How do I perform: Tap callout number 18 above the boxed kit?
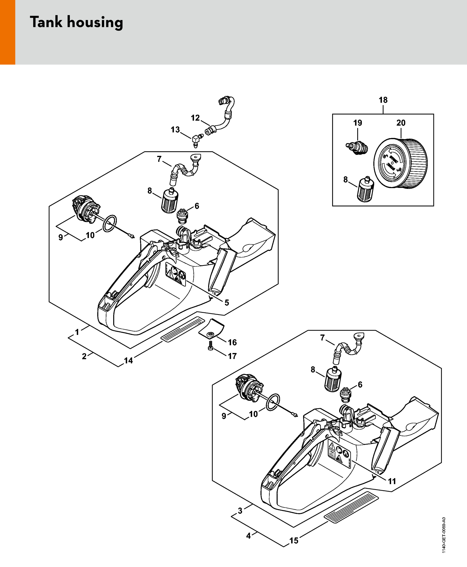tap(383, 100)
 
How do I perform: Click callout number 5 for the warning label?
tap(227, 303)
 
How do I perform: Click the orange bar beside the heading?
tap(7, 32)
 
